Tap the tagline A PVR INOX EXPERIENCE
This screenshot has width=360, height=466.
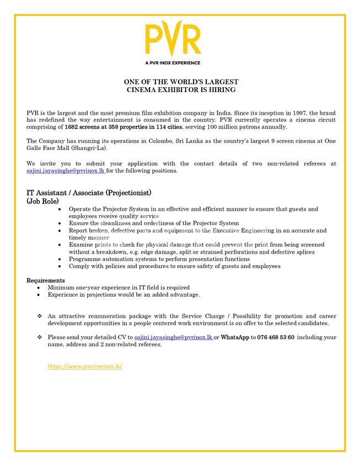click(x=173, y=63)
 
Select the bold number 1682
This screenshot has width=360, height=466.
click(x=73, y=127)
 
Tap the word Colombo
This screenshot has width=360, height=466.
click(x=160, y=141)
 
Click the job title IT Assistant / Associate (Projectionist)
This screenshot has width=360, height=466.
click(x=89, y=193)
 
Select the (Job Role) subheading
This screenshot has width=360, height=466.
click(x=42, y=201)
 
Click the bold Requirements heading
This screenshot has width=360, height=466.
click(x=46, y=280)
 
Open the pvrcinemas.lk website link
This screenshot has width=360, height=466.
click(x=85, y=366)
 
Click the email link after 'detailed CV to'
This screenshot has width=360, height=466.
click(x=173, y=337)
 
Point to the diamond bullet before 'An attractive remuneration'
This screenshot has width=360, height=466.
click(x=40, y=316)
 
